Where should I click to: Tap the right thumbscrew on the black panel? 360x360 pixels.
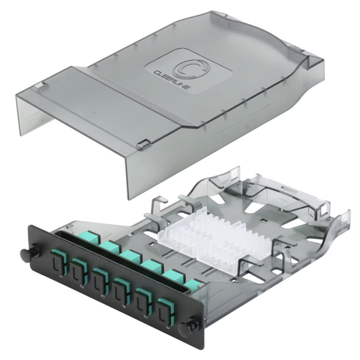click(x=193, y=324)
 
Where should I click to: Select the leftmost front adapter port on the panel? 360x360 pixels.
click(x=56, y=268)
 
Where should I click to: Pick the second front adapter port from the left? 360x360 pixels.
click(x=78, y=277)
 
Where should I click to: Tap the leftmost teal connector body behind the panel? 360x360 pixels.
click(x=111, y=248)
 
